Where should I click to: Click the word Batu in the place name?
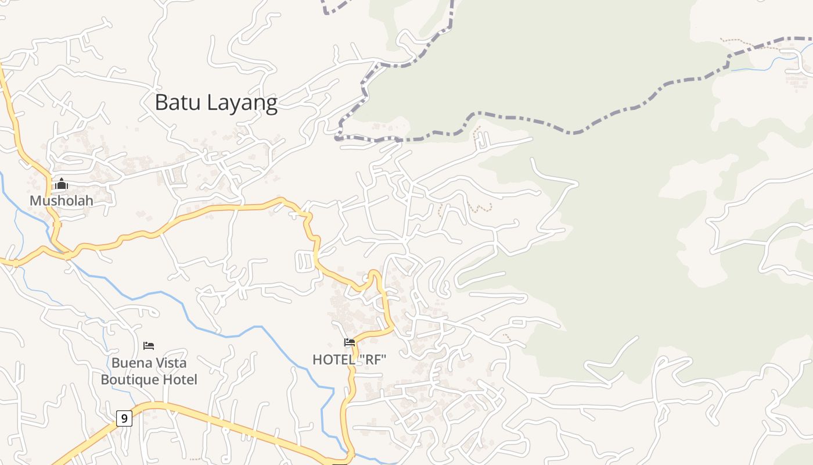177,102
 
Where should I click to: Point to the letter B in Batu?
161,102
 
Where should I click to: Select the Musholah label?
62,201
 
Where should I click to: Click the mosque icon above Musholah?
62,184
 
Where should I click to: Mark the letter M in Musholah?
35,201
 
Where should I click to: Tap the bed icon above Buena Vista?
149,346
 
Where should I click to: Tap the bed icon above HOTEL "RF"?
350,342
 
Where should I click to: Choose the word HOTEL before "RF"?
333,360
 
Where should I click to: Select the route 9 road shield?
124,418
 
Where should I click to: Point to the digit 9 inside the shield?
124,418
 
